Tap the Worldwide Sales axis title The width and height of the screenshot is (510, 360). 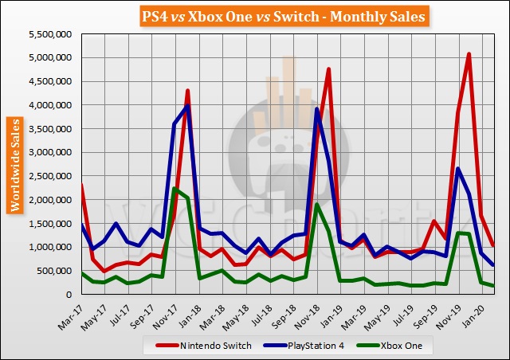coord(15,165)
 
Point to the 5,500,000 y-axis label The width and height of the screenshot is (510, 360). coord(49,35)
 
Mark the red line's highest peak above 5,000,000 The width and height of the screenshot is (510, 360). coord(469,54)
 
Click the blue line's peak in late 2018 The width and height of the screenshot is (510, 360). coord(316,109)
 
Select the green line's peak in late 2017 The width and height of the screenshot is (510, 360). coord(175,188)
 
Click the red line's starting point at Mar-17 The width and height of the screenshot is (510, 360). coord(82,185)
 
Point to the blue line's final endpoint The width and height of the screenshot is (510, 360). coord(493,265)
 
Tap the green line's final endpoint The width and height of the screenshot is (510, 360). coord(493,286)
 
